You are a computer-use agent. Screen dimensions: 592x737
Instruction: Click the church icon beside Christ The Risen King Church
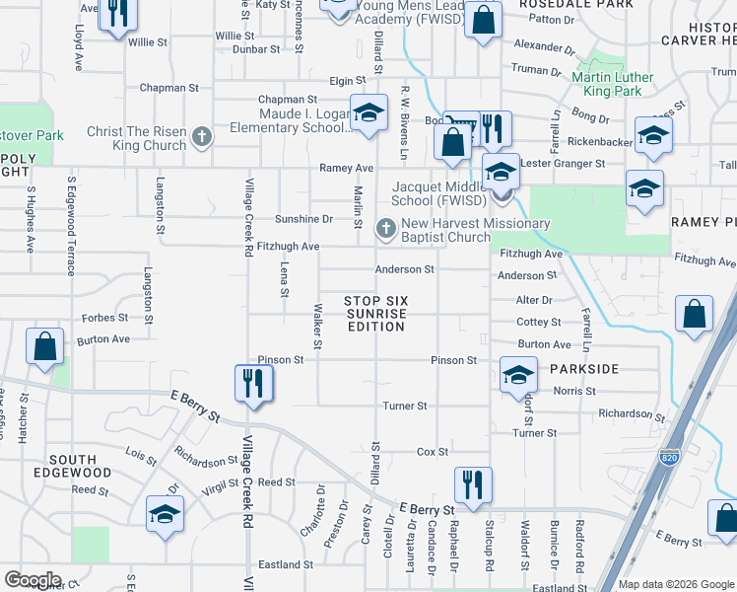pos(202,136)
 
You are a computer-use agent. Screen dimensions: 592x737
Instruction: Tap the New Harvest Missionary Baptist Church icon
pos(385,229)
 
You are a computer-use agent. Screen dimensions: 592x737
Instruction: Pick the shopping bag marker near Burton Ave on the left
pos(45,347)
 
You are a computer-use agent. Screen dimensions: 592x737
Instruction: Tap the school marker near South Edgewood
pos(165,515)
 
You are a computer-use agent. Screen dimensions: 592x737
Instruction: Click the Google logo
pos(33,580)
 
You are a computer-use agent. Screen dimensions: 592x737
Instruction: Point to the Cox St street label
pos(433,452)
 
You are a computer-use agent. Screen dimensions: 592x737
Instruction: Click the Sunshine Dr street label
pos(303,219)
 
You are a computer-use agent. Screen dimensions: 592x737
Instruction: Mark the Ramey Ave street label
pos(346,168)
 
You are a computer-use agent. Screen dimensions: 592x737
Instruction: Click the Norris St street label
pos(569,391)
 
